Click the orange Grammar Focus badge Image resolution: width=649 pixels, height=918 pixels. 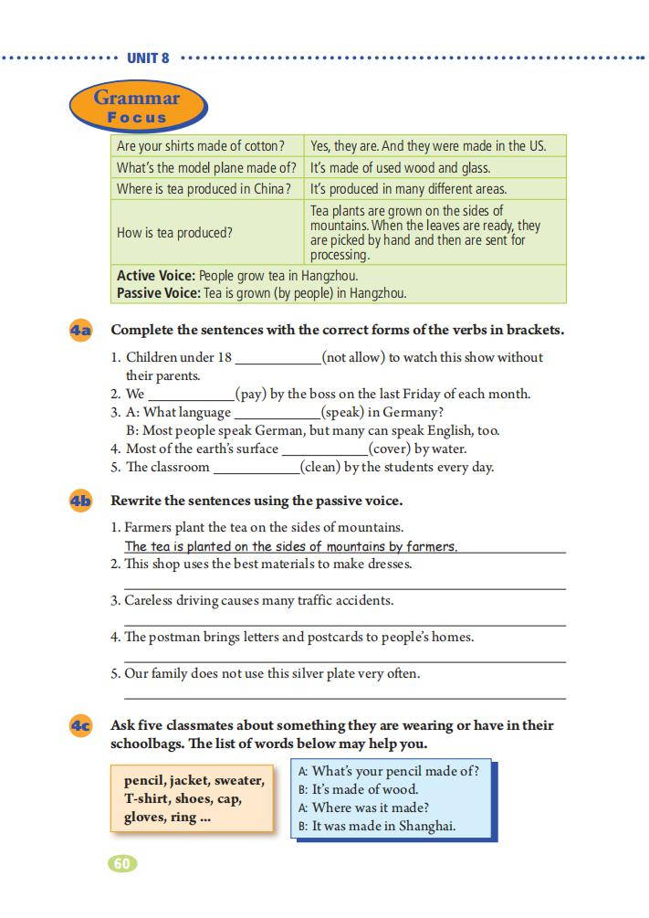click(137, 107)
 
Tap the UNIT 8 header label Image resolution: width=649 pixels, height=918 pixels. click(148, 58)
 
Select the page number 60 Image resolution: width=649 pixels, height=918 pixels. click(122, 863)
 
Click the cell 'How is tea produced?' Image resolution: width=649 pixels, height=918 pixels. click(174, 233)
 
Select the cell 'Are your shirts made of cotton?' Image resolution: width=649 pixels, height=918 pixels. click(201, 146)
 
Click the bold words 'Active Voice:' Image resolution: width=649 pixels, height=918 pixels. click(155, 276)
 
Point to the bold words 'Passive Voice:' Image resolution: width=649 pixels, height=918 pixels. click(158, 293)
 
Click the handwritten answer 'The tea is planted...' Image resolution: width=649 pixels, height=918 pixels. click(290, 546)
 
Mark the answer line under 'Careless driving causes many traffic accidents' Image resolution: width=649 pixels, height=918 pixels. click(344, 625)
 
